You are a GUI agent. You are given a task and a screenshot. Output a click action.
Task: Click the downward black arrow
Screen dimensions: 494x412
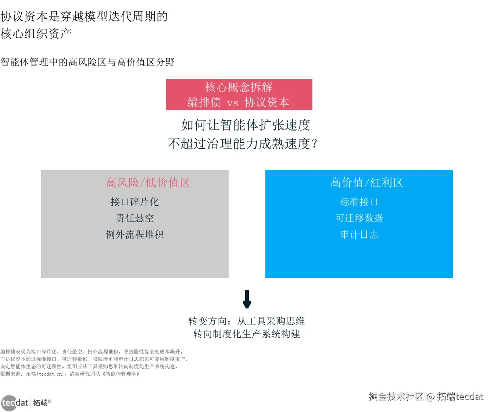247,299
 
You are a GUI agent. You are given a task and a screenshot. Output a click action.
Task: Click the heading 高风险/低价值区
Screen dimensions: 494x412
148,183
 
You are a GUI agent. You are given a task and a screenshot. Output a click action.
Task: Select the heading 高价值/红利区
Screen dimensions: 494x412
366,183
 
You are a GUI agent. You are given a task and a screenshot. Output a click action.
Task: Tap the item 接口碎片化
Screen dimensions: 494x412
135,202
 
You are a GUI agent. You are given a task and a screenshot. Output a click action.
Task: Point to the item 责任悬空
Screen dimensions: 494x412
135,218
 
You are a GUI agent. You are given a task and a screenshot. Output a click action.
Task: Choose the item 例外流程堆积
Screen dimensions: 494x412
135,235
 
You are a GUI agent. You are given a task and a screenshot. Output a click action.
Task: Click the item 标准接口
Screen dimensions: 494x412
359,202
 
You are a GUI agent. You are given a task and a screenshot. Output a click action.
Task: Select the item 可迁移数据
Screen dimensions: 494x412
359,218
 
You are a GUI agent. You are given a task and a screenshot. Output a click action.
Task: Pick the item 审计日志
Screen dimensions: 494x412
359,235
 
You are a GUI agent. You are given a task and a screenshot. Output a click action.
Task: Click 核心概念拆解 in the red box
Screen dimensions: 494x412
239,88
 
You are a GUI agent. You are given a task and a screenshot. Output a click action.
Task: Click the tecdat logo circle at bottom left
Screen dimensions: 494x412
9,403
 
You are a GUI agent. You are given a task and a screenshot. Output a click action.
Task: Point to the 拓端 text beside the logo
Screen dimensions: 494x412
40,403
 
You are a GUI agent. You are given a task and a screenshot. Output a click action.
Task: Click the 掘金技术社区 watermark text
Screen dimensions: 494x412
396,397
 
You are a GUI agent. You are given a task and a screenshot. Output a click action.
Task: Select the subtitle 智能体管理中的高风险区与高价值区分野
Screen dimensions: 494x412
87,62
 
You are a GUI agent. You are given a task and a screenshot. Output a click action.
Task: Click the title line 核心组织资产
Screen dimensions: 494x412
36,34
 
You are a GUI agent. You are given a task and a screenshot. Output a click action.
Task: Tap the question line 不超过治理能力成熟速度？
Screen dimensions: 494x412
243,143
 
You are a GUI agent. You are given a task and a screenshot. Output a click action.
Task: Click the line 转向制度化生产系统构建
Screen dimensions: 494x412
247,334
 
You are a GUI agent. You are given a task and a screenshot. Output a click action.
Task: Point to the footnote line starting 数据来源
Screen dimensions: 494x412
70,374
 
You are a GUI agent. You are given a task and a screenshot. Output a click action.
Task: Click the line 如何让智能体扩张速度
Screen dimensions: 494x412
246,125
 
